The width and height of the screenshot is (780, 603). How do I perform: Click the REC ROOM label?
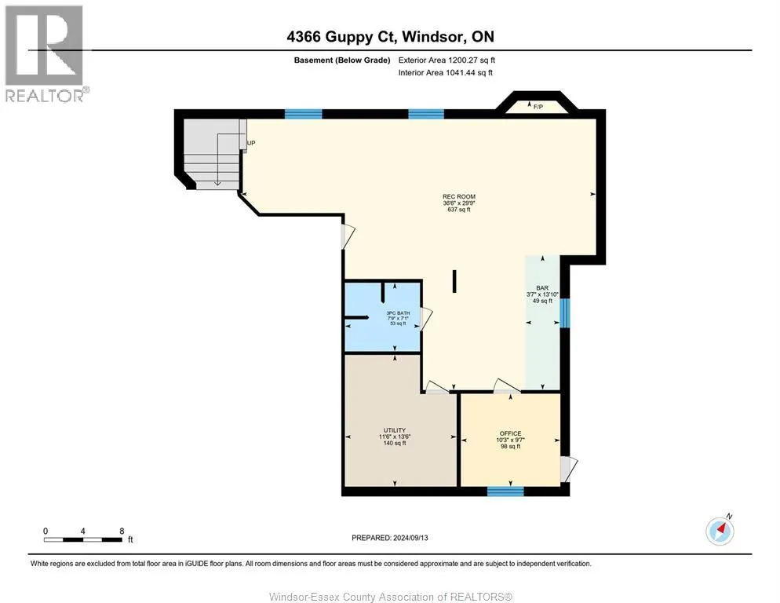pos(458,196)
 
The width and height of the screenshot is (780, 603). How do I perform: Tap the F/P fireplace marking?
pos(538,107)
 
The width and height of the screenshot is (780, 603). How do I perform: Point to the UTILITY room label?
pos(394,430)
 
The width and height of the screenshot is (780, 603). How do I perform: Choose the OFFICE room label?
pos(510,433)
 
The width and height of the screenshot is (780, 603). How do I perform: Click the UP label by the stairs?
pos(251,144)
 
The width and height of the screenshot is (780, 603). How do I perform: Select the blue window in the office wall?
pos(505,492)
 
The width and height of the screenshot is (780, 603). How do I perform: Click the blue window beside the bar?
pos(563,312)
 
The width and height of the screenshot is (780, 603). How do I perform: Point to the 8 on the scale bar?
pos(122,530)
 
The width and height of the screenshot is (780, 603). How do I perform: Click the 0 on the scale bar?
pos(46,530)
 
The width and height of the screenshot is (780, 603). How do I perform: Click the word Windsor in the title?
pos(436,37)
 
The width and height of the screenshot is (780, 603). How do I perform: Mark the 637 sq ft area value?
pos(458,210)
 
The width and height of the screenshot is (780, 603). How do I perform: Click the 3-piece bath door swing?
pos(427,318)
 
